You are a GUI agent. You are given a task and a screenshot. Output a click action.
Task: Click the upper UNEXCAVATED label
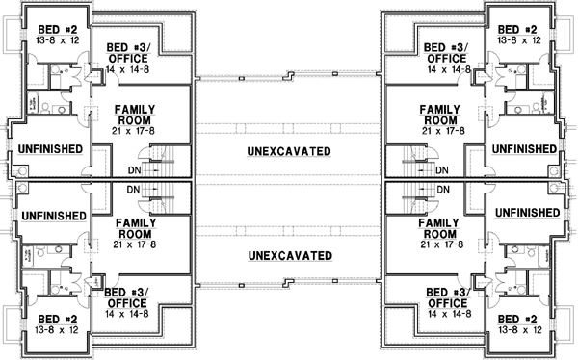pos(288,151)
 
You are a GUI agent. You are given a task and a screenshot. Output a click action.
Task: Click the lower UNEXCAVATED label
pos(288,255)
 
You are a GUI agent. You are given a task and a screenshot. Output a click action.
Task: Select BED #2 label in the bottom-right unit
pos(519,320)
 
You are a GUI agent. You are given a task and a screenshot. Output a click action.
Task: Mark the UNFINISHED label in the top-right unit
pos(523,149)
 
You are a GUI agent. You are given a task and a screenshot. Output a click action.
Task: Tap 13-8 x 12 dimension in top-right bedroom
pos(519,41)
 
